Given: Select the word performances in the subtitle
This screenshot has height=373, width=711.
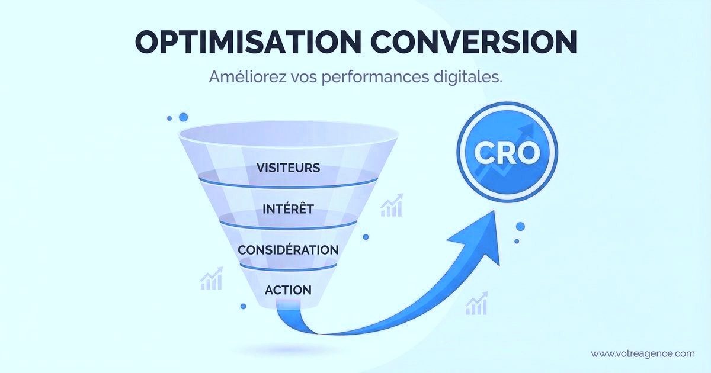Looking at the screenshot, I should point(371,77).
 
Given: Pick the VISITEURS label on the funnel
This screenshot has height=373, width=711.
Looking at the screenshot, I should point(289,168).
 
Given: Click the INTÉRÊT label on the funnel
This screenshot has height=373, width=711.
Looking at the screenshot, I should point(289,209).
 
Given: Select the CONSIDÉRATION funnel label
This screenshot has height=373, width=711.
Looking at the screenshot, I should point(288,250).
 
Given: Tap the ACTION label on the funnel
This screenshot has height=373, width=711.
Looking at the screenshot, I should point(288,290).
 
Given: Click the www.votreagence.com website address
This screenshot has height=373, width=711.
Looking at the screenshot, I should point(642,353).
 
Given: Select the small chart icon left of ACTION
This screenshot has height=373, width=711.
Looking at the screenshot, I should point(211,278).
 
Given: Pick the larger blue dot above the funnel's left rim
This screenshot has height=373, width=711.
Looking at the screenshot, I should point(183,117).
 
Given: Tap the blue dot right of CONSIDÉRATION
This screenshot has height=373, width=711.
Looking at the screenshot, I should point(366,237).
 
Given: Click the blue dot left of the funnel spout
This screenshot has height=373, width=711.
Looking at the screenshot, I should point(243,306).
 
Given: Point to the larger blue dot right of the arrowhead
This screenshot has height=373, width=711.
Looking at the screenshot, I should point(520,226).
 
